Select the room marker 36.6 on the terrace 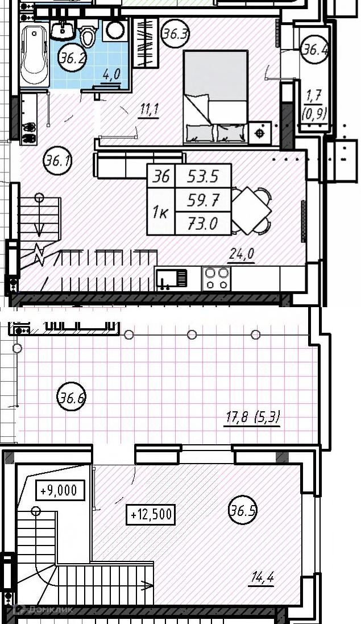click(72, 397)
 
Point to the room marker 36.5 click(243, 510)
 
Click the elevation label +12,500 click(151, 515)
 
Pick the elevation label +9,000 click(60, 490)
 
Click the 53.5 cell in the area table click(203, 176)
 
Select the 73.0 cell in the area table click(203, 223)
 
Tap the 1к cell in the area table click(161, 212)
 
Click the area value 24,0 click(241, 255)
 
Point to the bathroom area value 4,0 click(111, 75)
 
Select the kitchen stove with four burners click(216, 279)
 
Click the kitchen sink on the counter click(171, 278)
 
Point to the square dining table click(251, 210)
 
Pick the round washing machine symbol click(115, 30)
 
